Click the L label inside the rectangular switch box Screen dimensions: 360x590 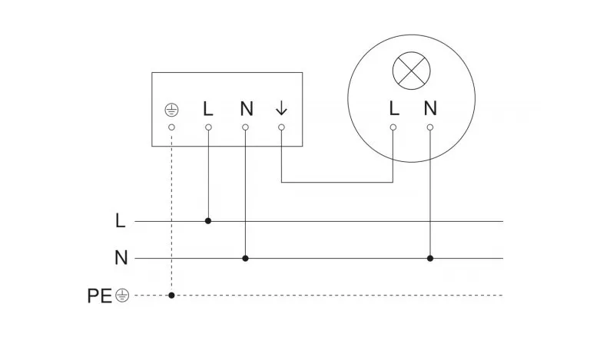[x=208, y=108]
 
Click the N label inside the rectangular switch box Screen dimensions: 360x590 [x=246, y=108]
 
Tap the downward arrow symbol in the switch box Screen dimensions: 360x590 [x=281, y=108]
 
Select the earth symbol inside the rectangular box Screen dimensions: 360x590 [x=171, y=109]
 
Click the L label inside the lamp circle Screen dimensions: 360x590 [x=393, y=108]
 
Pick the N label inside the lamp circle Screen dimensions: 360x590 [x=430, y=108]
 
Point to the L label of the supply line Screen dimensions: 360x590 [x=120, y=221]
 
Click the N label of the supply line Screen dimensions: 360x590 [x=121, y=258]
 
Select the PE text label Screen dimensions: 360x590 [x=100, y=295]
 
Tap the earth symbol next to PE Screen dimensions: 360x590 [x=121, y=295]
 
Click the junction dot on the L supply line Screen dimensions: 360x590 [x=208, y=221]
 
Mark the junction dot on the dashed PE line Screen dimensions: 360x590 [x=171, y=295]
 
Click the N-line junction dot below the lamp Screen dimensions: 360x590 [x=430, y=258]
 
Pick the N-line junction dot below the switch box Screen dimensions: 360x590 [x=245, y=258]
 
